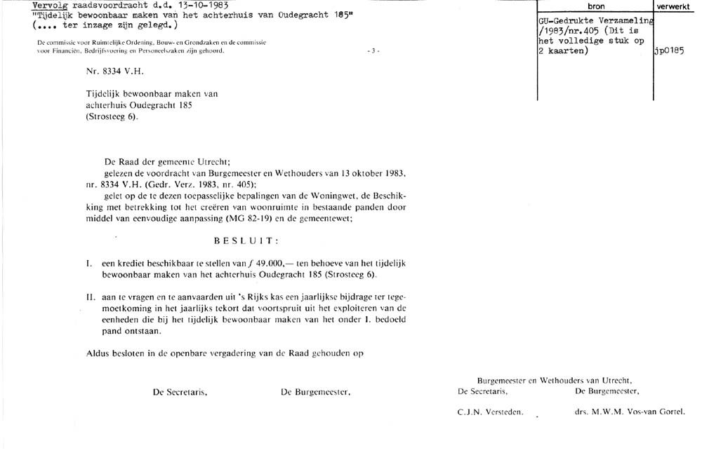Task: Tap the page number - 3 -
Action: [x=373, y=51]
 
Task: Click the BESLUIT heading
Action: [x=248, y=241]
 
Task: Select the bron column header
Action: [x=595, y=6]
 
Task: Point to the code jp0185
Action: [x=668, y=51]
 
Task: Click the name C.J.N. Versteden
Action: [x=490, y=413]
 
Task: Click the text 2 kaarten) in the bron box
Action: [x=562, y=51]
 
